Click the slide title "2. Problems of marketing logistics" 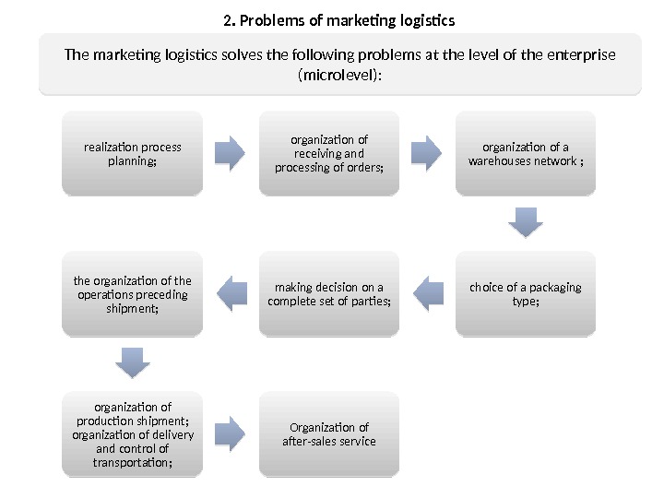coord(339,19)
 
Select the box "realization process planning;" coord(133,153)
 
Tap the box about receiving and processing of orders coord(329,153)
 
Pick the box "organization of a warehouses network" coord(526,153)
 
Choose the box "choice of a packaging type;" coord(526,293)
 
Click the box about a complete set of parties coord(329,293)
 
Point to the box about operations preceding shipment coord(133,293)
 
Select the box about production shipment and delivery coord(133,434)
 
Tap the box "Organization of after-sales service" coord(329,434)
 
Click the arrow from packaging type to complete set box coord(427,293)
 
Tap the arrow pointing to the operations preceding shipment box coord(231,293)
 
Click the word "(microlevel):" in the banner coord(339,76)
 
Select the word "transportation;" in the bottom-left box coord(133,463)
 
